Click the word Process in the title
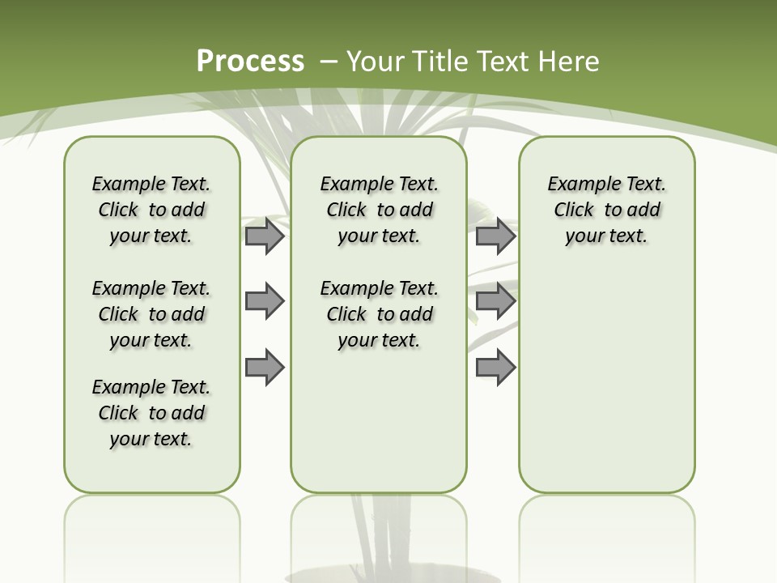[250, 62]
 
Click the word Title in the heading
[442, 62]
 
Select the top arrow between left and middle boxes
[264, 236]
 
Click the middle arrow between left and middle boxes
[264, 301]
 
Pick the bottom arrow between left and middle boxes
[264, 367]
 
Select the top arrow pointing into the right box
[495, 236]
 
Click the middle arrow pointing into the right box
[495, 301]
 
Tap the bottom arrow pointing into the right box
[495, 367]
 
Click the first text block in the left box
[151, 210]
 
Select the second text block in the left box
[151, 314]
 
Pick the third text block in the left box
[151, 413]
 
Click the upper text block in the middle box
[379, 210]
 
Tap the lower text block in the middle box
[379, 314]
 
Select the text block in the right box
[606, 210]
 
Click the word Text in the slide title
[503, 62]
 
